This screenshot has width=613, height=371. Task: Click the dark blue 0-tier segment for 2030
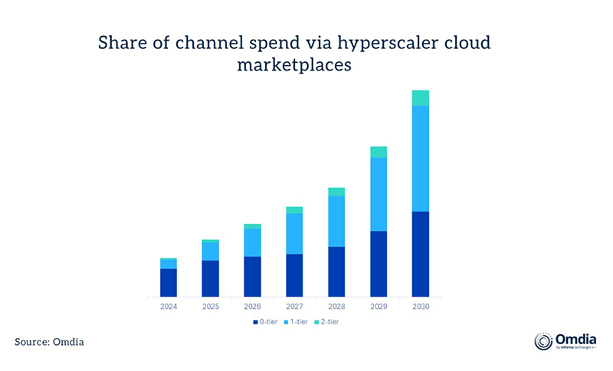click(420, 254)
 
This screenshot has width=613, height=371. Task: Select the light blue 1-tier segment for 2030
click(420, 159)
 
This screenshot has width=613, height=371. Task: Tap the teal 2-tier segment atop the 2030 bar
click(420, 98)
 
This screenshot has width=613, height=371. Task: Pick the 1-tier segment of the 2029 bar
click(379, 194)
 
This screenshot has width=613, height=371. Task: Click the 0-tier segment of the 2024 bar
click(169, 282)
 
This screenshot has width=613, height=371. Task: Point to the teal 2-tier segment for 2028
click(336, 192)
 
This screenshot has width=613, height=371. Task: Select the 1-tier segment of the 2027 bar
click(294, 234)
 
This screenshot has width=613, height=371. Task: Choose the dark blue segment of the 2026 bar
click(252, 276)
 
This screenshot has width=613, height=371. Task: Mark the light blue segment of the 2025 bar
click(210, 251)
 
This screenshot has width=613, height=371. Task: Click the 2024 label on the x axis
click(169, 307)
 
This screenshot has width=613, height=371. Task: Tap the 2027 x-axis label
click(294, 307)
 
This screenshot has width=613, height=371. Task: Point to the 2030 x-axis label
click(420, 307)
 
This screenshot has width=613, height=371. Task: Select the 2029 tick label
click(379, 307)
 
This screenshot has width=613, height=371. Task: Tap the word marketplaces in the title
click(293, 66)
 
